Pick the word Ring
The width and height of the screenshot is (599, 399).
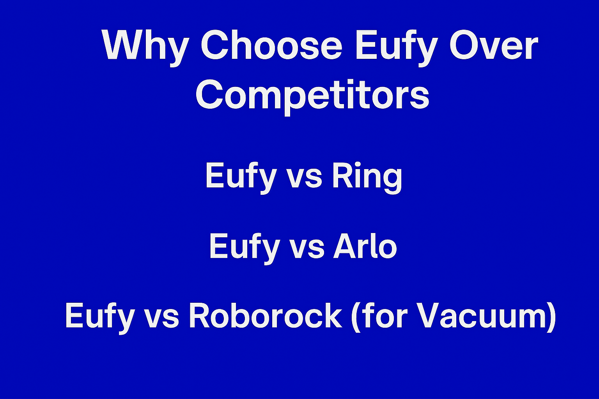[367, 177]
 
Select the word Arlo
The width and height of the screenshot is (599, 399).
[365, 246]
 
